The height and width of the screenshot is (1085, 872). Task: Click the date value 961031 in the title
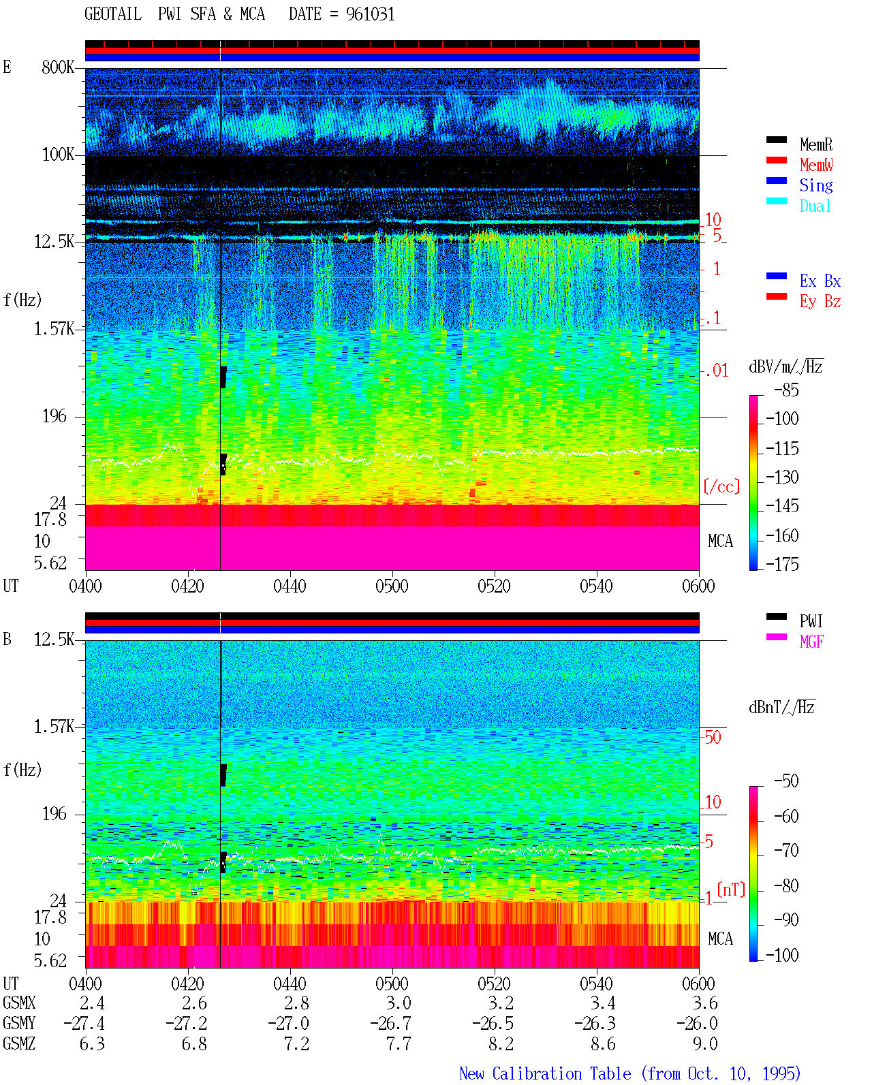370,14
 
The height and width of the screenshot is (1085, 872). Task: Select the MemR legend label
815,144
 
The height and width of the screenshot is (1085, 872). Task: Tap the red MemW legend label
815,165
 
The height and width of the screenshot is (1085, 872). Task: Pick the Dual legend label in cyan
815,206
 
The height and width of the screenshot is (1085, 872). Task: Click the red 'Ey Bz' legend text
820,302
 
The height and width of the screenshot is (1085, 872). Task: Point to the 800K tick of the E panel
58,67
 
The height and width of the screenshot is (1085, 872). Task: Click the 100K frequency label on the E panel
58,155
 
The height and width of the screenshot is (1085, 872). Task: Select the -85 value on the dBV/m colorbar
786,390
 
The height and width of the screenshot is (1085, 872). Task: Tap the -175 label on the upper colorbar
782,564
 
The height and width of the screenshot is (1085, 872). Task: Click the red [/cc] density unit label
721,486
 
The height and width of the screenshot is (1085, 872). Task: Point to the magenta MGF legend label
811,642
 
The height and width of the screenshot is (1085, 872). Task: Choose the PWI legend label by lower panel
811,620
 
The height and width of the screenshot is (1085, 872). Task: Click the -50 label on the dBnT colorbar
786,781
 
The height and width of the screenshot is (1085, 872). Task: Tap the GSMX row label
19,1003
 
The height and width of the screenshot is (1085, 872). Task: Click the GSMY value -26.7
390,1024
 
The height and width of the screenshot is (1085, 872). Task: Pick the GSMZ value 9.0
704,1043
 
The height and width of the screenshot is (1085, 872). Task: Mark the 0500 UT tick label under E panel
392,586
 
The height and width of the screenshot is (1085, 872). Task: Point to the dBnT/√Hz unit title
781,708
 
